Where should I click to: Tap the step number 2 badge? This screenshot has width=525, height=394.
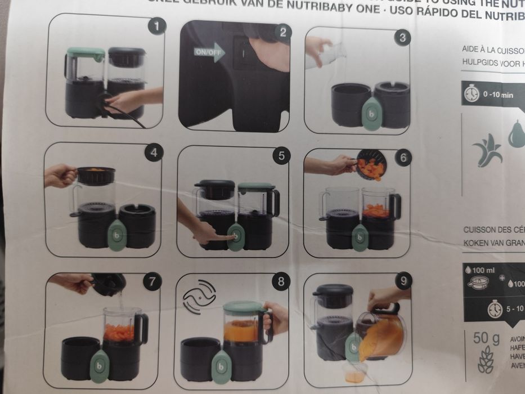tap(283, 32)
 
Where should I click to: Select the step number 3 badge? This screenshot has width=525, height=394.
tap(401, 38)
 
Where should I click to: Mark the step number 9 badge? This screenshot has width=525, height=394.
tap(403, 280)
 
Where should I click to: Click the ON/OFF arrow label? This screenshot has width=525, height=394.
tap(209, 53)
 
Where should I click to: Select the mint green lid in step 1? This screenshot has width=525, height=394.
tap(86, 53)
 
